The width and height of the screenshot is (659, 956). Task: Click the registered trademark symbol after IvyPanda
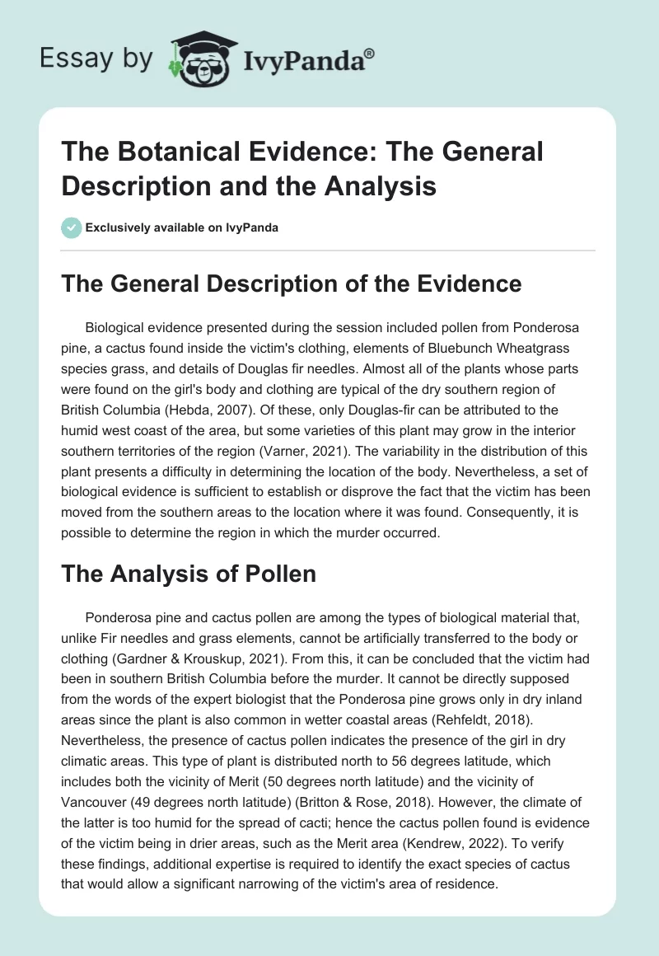[x=370, y=54]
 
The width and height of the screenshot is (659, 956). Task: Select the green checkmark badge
[x=71, y=227]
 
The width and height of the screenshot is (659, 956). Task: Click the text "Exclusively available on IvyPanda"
[x=183, y=228]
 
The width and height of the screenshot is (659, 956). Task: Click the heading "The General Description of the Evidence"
[x=291, y=284]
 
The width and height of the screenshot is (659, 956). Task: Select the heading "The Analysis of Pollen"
[x=189, y=574]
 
